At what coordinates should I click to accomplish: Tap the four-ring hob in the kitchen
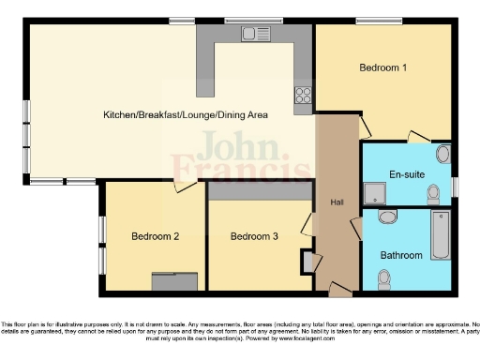coord(304,93)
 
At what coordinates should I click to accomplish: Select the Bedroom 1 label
coord(382,67)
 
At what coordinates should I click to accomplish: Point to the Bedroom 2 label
coord(155,236)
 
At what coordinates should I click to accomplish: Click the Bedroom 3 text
coord(254,236)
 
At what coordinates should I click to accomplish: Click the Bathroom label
coord(401,255)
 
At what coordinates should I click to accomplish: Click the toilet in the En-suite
coord(433,194)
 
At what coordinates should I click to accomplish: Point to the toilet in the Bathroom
coord(383,278)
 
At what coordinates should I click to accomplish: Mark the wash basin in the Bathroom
coord(387,217)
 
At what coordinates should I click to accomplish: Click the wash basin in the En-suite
coord(443,153)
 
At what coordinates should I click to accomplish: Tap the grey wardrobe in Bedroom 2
coord(175,279)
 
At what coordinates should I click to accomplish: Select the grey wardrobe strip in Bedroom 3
coord(260,191)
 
